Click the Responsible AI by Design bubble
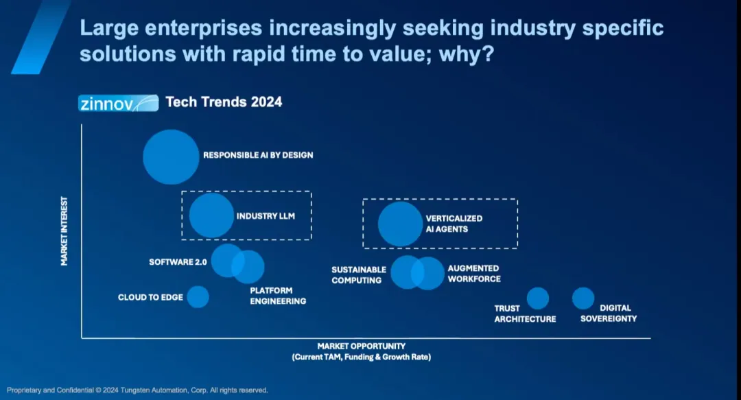pos(170,156)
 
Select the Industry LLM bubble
pos(211,215)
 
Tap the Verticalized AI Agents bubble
pos(399,224)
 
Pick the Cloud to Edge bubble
pos(198,297)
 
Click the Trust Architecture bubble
pos(538,298)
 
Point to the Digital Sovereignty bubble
pos(583,298)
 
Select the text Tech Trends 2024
pos(224,102)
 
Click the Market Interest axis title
pos(64,231)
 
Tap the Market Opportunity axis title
pos(361,346)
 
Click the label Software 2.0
pos(178,262)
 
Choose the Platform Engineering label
pos(278,296)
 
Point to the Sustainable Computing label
pos(358,275)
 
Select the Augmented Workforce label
pos(474,274)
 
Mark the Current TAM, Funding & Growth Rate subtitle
pos(361,357)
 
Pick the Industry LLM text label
pos(266,216)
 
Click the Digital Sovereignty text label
pos(609,313)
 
